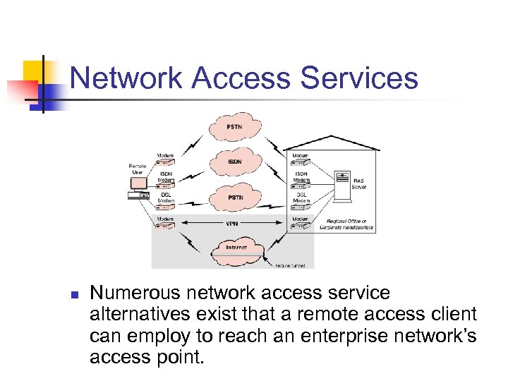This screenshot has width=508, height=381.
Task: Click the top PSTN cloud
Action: point(234,128)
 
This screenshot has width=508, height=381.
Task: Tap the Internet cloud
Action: point(234,249)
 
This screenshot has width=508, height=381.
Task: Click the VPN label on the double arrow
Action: point(231,224)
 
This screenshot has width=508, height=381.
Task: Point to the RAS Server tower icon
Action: point(343,181)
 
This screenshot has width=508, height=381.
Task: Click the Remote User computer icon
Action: point(138,185)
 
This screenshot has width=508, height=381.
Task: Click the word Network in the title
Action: point(126,78)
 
